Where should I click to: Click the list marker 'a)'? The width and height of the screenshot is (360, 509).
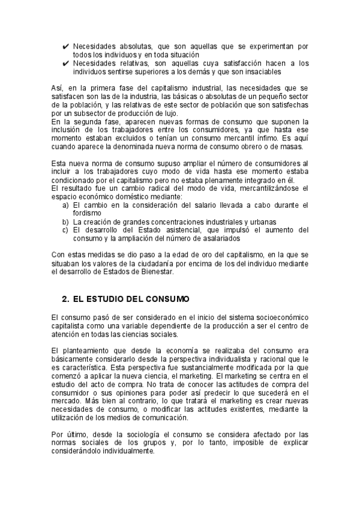[x=65, y=205]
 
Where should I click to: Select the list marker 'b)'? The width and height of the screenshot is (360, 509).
[x=65, y=221]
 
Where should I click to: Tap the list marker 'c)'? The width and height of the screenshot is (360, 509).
[x=65, y=230]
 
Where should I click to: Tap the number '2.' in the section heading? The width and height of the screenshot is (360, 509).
[x=66, y=299]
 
